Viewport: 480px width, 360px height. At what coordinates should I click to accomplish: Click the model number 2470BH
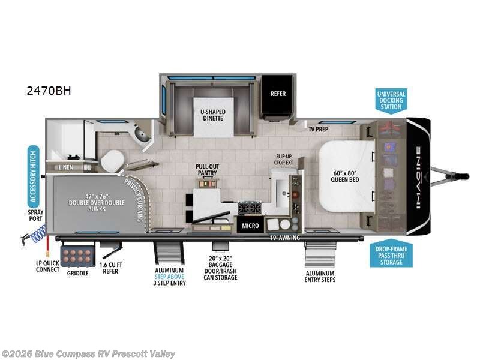click(x=49, y=91)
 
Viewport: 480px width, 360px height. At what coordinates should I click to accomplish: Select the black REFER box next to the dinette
click(x=278, y=94)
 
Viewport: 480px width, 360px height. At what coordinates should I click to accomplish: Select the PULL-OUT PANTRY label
click(x=206, y=169)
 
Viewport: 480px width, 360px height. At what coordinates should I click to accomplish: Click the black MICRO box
click(x=250, y=226)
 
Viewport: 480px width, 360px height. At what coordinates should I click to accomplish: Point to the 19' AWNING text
click(x=285, y=238)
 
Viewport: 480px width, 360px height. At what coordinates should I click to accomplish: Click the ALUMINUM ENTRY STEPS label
click(x=319, y=276)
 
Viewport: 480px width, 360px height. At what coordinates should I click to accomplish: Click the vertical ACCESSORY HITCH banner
click(x=34, y=174)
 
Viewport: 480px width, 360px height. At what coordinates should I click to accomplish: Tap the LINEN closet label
click(x=66, y=167)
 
